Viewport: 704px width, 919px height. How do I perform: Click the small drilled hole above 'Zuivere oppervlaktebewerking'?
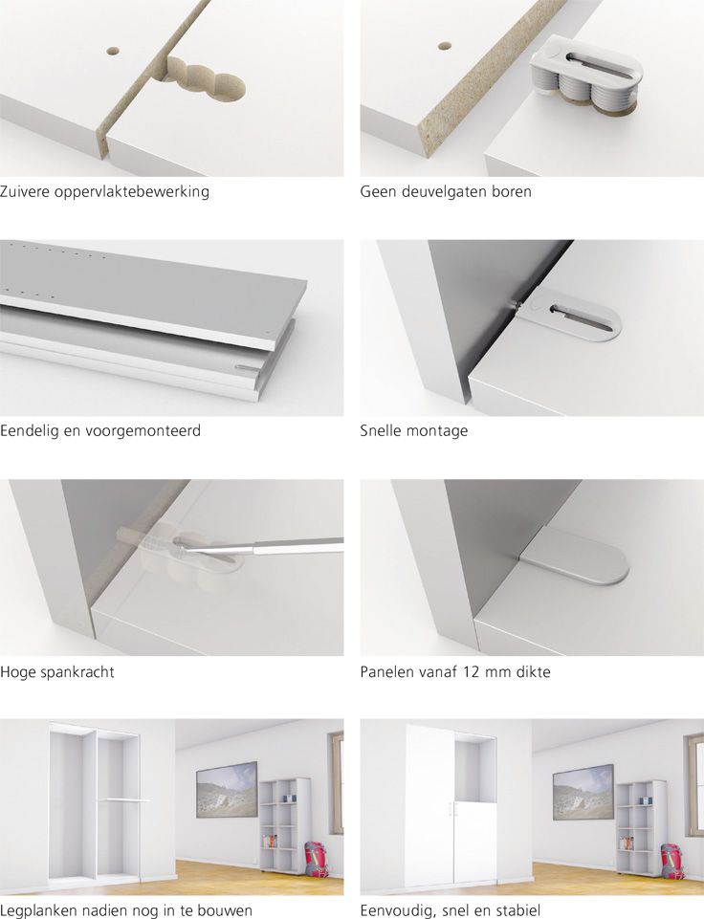tap(113, 52)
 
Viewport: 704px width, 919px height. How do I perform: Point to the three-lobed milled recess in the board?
tap(206, 78)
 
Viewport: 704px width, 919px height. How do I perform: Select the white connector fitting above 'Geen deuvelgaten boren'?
tap(586, 74)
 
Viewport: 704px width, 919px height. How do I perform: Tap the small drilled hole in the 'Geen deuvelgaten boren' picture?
tap(446, 45)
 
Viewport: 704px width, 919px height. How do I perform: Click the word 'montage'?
tap(437, 431)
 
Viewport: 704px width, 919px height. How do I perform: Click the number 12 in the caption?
tap(471, 671)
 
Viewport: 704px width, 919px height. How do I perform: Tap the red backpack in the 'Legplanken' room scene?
tap(316, 860)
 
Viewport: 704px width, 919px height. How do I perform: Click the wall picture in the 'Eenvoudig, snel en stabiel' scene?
tap(583, 791)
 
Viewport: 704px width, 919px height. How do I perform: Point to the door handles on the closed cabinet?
tap(451, 809)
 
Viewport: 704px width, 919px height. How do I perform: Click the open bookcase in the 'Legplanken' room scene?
tap(285, 826)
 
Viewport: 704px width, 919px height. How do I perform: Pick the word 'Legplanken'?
tap(38, 910)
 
